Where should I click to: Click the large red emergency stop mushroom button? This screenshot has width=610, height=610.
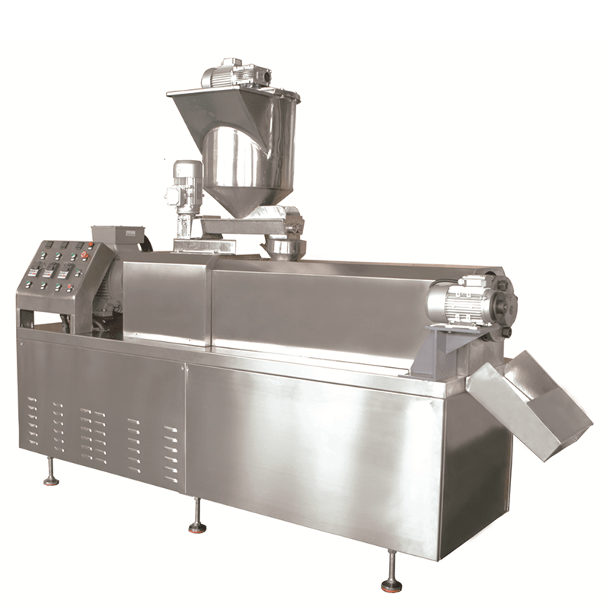point(85,254)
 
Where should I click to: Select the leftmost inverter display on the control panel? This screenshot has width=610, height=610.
point(35,271)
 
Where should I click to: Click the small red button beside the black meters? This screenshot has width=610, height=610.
point(91,244)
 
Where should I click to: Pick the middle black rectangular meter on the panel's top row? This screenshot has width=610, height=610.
point(65,245)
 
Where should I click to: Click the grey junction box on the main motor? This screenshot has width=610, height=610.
point(118,237)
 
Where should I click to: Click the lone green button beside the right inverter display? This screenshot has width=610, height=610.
point(78,270)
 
